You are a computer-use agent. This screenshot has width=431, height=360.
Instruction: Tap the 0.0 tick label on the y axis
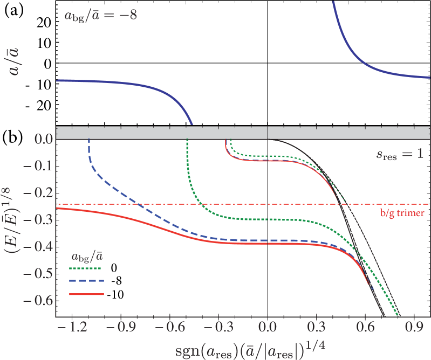(x=40, y=139)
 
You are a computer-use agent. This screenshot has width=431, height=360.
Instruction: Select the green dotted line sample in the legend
(x=86, y=268)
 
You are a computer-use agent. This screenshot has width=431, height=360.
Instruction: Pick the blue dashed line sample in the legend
(x=86, y=281)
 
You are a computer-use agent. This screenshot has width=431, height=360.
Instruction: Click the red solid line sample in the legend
(x=86, y=294)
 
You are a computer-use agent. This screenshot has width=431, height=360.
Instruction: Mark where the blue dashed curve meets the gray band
(x=88, y=140)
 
